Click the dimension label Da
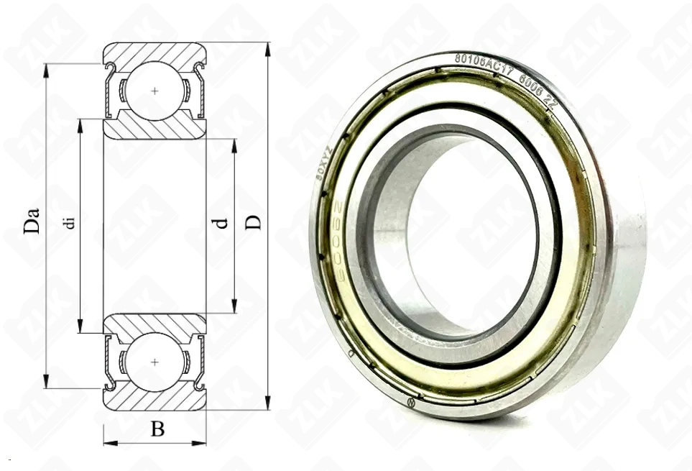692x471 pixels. point(31,221)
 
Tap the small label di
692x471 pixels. point(69,221)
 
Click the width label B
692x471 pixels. point(157,429)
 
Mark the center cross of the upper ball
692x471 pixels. point(154,91)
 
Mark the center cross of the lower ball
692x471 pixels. point(154,362)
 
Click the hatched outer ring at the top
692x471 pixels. point(154,52)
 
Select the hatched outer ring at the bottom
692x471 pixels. point(154,401)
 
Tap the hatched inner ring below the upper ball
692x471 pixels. point(154,129)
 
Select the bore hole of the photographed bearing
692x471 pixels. point(467,230)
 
